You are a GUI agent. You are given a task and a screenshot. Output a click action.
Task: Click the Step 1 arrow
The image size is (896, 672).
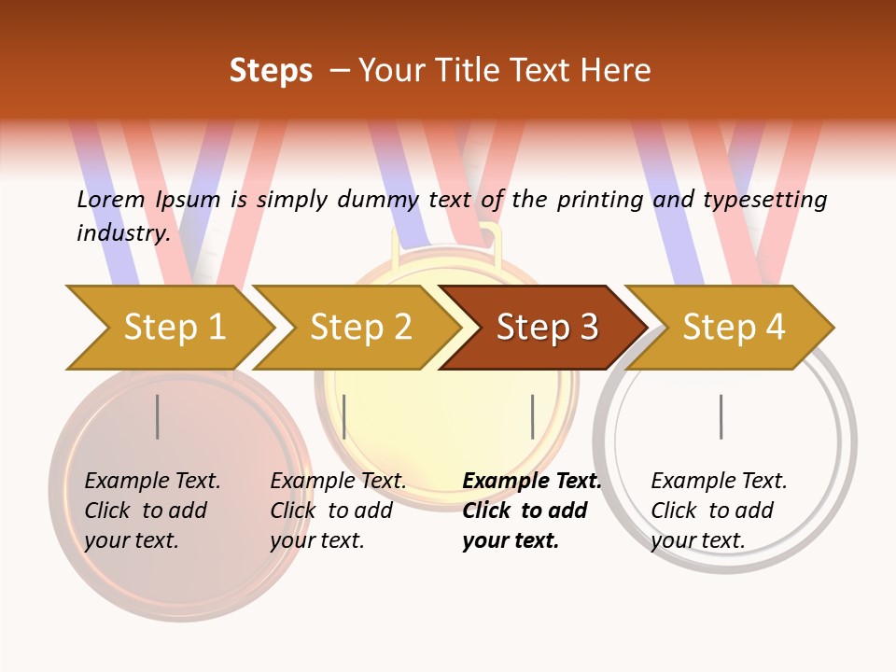174,328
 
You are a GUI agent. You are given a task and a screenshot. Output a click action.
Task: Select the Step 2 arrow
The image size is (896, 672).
360,328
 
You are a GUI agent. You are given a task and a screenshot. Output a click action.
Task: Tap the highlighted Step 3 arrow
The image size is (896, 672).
547,328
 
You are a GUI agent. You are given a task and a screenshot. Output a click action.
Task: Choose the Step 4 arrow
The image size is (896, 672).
734,328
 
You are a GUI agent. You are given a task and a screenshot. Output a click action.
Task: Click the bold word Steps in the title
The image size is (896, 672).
271,71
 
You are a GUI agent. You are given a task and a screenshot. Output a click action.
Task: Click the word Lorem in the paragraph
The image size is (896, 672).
111,199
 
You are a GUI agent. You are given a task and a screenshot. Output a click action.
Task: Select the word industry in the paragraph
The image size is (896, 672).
122,232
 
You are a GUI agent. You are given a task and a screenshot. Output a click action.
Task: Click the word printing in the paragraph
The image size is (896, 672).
597,199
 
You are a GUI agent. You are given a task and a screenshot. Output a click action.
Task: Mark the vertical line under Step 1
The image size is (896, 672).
158,416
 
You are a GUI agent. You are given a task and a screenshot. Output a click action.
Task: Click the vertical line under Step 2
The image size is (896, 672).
344,416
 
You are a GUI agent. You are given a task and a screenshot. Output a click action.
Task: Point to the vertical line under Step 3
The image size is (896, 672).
532,416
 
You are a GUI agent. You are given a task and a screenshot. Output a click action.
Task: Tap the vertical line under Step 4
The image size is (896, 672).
721,416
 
